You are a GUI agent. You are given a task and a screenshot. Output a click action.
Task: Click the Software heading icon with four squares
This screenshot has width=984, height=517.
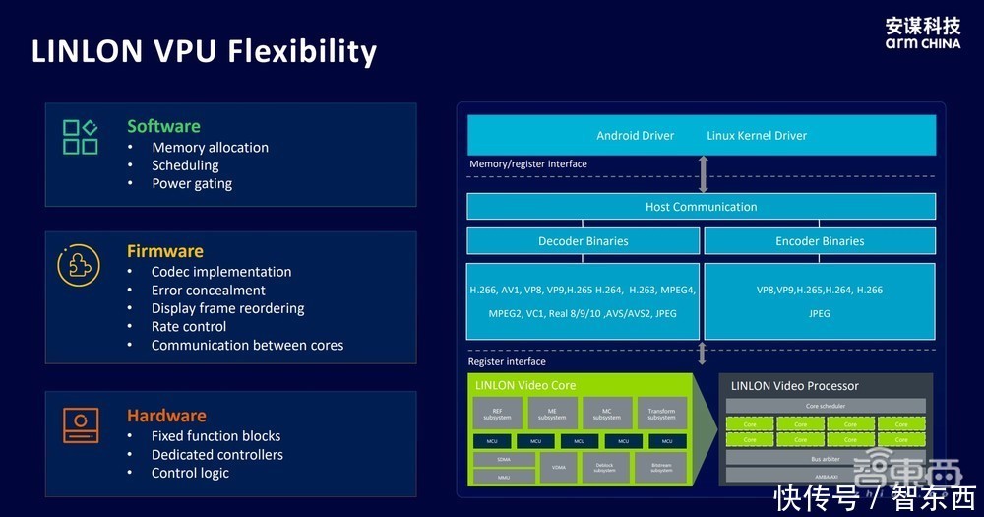[80, 137]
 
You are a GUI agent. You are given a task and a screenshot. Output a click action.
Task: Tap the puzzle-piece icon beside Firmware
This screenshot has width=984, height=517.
[79, 265]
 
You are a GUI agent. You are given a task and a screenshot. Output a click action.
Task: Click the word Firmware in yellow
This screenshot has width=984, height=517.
[164, 251]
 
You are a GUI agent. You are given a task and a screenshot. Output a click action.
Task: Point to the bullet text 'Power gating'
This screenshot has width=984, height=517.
[192, 183]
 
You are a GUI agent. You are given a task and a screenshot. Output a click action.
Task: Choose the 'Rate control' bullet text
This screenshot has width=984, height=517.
[188, 326]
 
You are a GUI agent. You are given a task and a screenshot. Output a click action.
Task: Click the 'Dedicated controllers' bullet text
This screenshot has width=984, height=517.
[216, 454]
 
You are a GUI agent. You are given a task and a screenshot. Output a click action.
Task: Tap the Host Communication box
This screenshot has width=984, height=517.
[701, 207]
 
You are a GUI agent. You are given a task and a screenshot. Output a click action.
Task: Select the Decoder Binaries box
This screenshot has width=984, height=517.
[583, 241]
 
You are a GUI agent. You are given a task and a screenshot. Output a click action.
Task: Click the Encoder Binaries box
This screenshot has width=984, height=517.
[819, 241]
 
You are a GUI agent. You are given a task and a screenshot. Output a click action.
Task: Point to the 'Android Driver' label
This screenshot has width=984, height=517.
[635, 135]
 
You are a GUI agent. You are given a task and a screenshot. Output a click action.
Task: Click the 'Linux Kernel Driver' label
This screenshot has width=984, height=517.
[757, 135]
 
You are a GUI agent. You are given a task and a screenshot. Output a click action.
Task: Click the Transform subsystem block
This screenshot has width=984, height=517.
[661, 414]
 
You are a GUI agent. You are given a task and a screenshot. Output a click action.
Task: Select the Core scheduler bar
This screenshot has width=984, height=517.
[825, 406]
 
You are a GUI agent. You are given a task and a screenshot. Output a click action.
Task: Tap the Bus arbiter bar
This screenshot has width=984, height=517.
[825, 458]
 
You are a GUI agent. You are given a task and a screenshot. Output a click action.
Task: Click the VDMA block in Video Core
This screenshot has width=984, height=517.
[559, 467]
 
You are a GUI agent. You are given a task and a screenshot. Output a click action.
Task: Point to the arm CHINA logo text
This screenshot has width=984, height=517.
[922, 43]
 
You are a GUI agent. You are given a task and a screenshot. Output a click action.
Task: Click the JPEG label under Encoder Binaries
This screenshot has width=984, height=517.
[819, 313]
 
